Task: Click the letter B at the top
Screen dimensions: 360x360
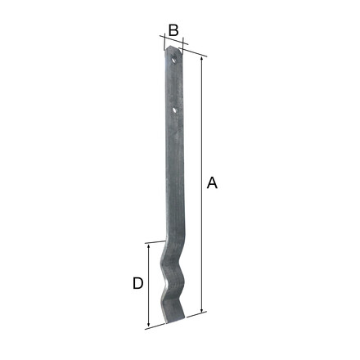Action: pos(173,30)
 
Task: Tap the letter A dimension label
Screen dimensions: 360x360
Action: pos(212,182)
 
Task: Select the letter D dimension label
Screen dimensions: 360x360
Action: pos(138,283)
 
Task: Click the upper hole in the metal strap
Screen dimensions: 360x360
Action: pos(173,60)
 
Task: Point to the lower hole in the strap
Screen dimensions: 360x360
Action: pos(174,110)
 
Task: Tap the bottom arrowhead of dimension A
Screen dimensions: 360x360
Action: pos(202,310)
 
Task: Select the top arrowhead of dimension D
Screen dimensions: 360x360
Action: pos(149,246)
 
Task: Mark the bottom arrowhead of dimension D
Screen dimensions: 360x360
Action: pos(148,324)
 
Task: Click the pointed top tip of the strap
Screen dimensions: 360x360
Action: pos(170,47)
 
